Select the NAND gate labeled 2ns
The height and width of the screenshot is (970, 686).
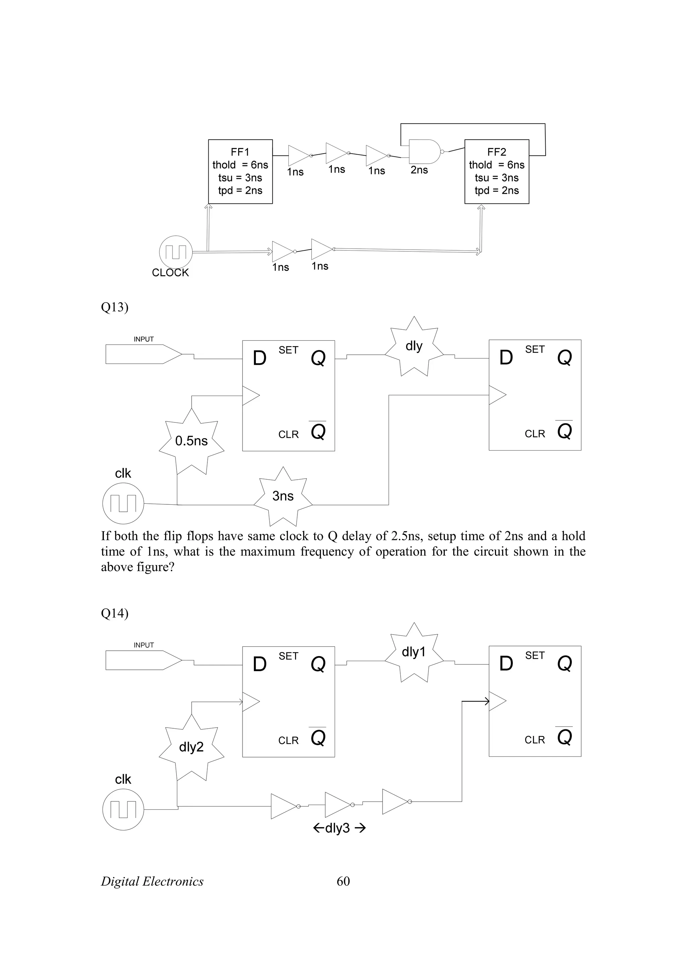pos(424,152)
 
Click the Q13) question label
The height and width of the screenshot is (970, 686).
pos(115,307)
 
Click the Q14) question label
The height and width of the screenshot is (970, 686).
pos(115,613)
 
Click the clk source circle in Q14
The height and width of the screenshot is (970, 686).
pos(123,809)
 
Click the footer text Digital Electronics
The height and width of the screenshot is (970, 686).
pos(152,881)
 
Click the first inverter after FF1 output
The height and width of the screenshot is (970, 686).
pos(298,155)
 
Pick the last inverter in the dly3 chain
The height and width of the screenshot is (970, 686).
pos(395,801)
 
